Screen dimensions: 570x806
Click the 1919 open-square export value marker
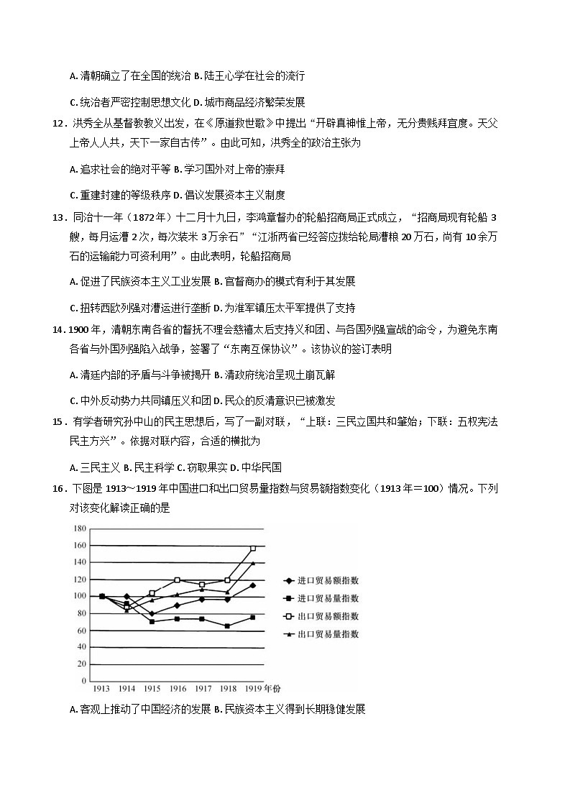pyautogui.click(x=253, y=549)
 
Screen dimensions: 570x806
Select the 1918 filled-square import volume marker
pyautogui.click(x=228, y=626)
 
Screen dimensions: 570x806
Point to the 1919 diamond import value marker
pyautogui.click(x=253, y=585)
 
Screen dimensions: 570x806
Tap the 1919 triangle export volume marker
pyautogui.click(x=253, y=563)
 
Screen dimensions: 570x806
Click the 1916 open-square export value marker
pyautogui.click(x=177, y=580)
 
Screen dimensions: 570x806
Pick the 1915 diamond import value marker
pyautogui.click(x=152, y=613)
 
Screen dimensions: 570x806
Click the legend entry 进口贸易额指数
pyautogui.click(x=328, y=581)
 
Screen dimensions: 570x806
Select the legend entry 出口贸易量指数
pyautogui.click(x=328, y=635)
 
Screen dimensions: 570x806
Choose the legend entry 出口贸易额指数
pyautogui.click(x=328, y=617)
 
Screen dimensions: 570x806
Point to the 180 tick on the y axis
pyautogui.click(x=79, y=528)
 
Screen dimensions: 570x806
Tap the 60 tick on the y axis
pyautogui.click(x=81, y=631)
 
